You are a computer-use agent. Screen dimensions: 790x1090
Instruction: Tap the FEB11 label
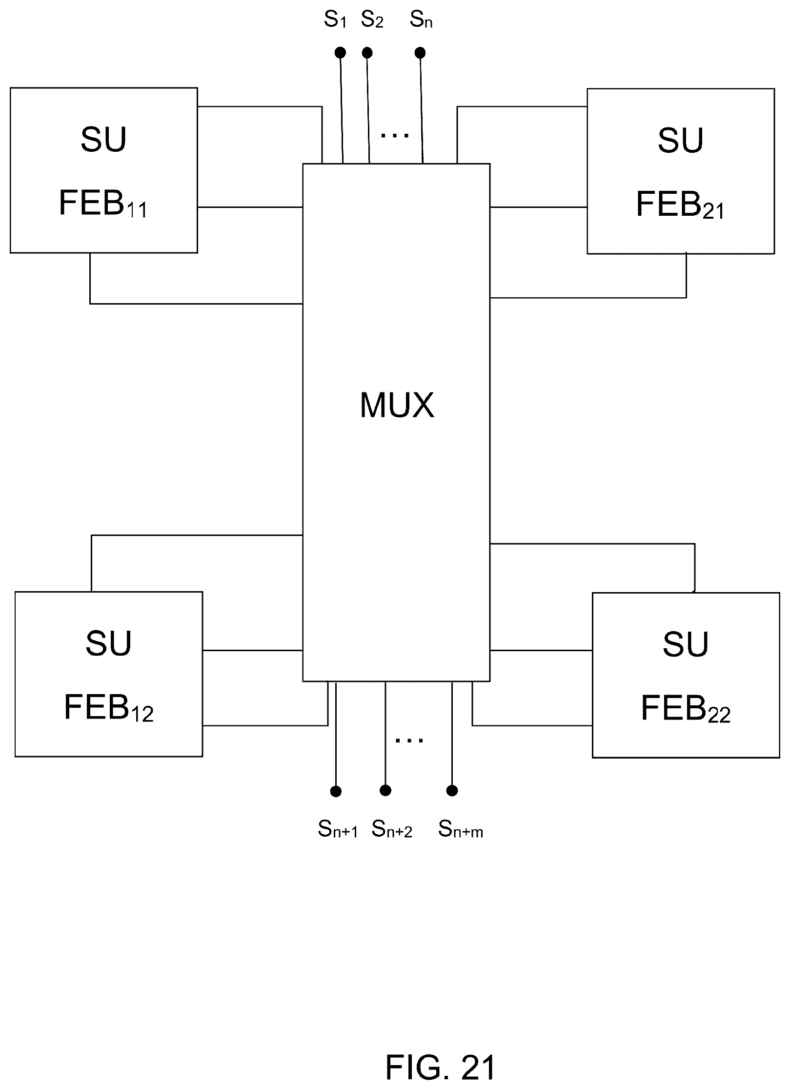(103, 203)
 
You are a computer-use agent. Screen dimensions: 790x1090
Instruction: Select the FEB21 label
(680, 204)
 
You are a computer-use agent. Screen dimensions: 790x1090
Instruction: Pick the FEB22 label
(686, 708)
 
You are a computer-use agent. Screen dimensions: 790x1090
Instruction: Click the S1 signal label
(335, 20)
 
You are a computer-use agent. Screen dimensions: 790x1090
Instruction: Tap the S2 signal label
(372, 20)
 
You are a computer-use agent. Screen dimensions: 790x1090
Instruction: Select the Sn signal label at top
(421, 20)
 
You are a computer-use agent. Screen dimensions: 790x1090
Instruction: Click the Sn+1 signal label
(338, 829)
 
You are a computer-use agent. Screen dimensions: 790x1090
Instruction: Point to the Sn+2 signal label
(392, 829)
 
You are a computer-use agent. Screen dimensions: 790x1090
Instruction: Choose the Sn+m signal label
(461, 829)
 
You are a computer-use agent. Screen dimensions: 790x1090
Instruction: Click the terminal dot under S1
(341, 52)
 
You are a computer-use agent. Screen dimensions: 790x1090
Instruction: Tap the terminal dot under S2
(367, 52)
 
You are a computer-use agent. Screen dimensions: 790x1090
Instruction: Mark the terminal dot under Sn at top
(420, 52)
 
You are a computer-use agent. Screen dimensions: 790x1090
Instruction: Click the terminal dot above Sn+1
(336, 791)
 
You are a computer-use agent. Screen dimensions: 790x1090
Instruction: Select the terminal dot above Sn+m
(452, 790)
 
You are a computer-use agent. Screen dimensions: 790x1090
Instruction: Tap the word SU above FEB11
(103, 140)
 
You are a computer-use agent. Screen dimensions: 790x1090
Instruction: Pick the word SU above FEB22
(686, 644)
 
